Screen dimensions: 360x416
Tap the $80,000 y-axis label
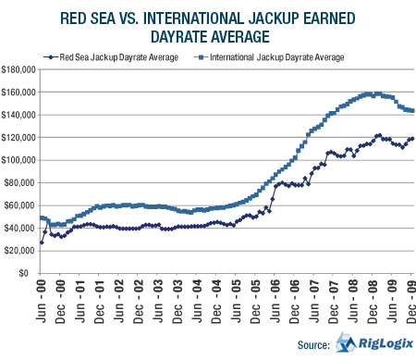(20, 183)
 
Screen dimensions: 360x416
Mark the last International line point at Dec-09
(412, 111)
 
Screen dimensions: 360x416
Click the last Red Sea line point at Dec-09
(412, 139)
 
